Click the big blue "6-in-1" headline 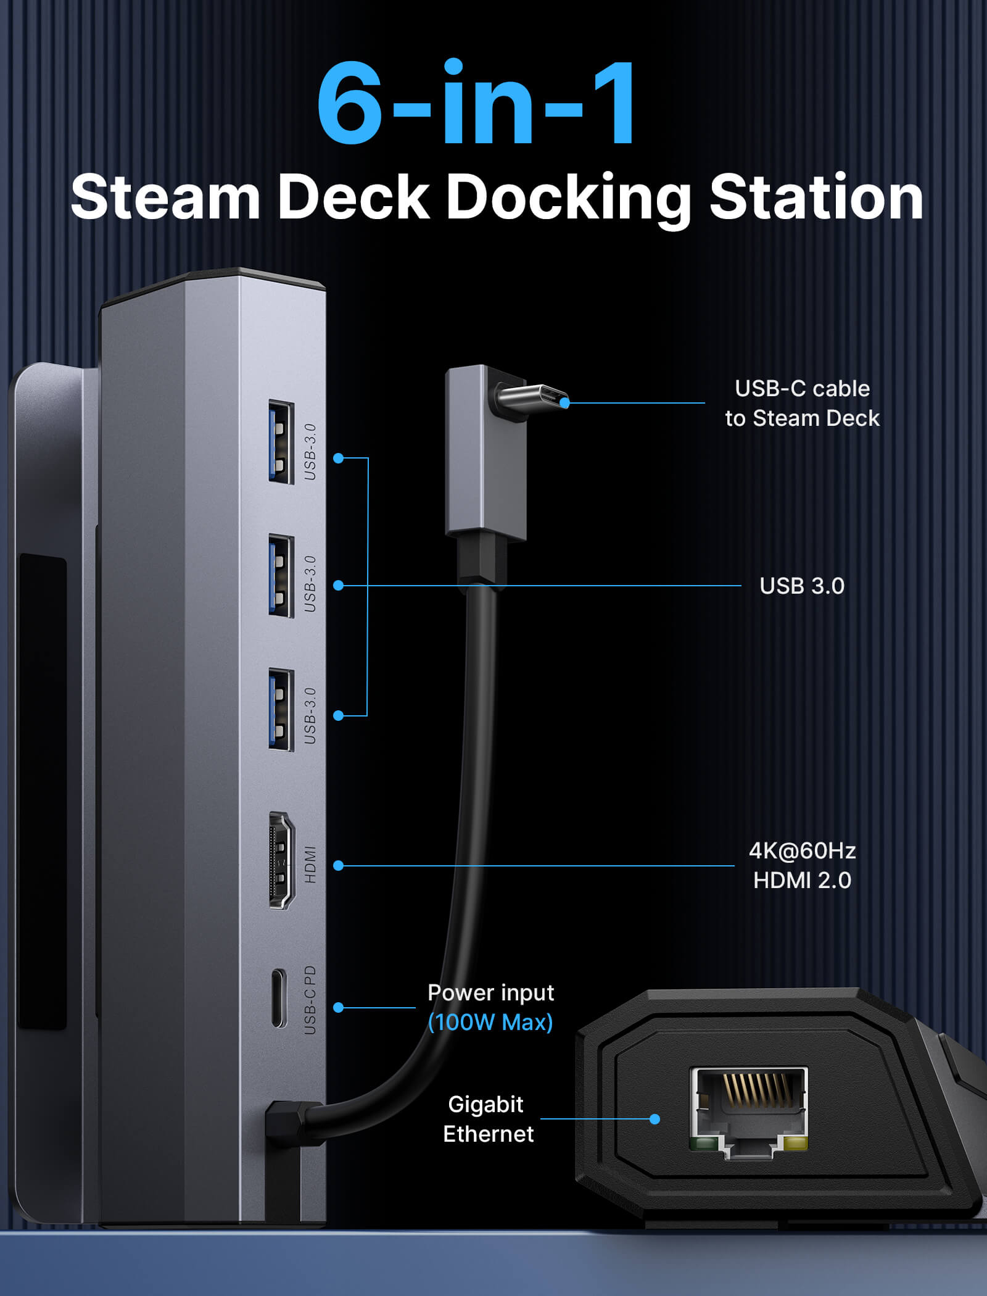(x=476, y=104)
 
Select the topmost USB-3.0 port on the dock (x=281, y=442)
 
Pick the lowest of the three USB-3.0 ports (x=281, y=710)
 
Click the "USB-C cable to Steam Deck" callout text (x=802, y=404)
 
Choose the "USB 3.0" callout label (x=802, y=586)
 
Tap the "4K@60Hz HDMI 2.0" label (x=802, y=865)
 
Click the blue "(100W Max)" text (x=490, y=1023)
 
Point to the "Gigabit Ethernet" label (x=487, y=1119)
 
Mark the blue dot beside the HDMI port (x=338, y=866)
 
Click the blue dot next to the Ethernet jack (x=655, y=1119)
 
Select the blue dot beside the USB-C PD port (x=338, y=1007)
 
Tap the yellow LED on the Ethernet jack (x=795, y=1144)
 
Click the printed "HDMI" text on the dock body (x=310, y=864)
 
